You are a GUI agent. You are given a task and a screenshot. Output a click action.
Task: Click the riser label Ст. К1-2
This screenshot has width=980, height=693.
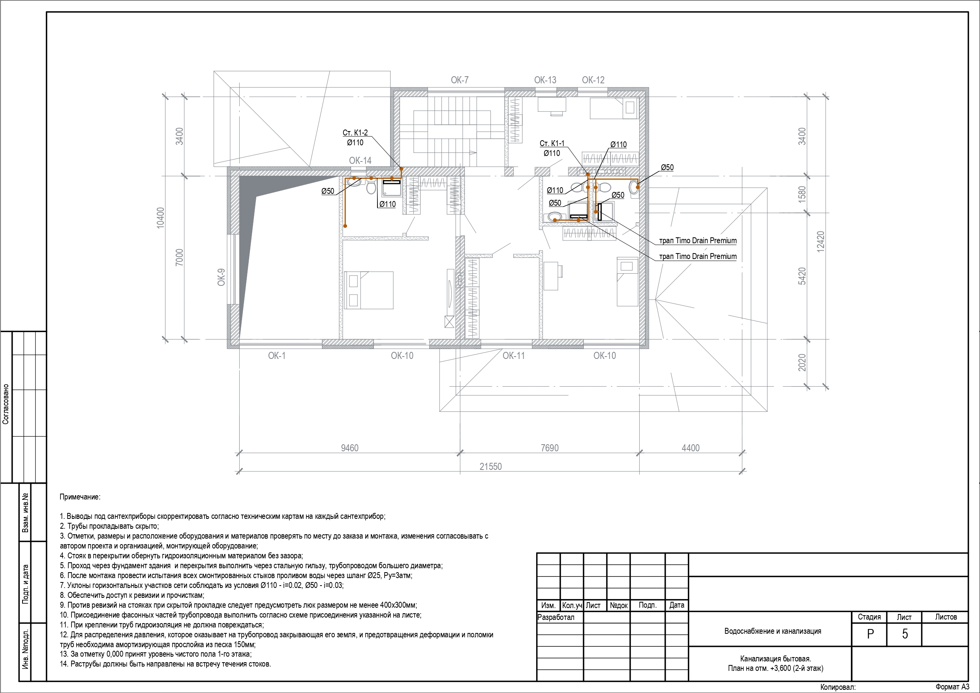pyautogui.click(x=355, y=133)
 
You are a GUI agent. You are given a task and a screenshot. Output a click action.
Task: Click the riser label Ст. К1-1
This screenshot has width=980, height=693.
pyautogui.click(x=552, y=143)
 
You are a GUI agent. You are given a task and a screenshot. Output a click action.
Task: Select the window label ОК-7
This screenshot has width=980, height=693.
pyautogui.click(x=460, y=80)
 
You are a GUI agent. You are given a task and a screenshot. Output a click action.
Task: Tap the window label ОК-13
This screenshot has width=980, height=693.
pyautogui.click(x=545, y=80)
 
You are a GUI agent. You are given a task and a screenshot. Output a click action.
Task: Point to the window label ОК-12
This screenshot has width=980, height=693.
pyautogui.click(x=593, y=80)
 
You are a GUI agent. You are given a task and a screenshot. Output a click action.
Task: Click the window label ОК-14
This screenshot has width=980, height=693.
pyautogui.click(x=360, y=161)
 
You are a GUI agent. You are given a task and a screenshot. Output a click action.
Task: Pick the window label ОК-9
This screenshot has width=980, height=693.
pyautogui.click(x=221, y=277)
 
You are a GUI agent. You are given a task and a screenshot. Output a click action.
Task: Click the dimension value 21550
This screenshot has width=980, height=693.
pyautogui.click(x=490, y=467)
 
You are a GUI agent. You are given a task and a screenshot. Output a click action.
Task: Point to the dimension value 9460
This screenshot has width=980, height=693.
pyautogui.click(x=349, y=448)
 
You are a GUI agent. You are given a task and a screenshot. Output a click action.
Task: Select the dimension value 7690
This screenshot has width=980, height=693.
pyautogui.click(x=549, y=448)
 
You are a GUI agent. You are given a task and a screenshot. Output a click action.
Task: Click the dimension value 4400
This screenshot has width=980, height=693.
pyautogui.click(x=691, y=448)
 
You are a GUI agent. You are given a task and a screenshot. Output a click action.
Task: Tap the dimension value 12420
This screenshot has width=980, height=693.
pyautogui.click(x=820, y=242)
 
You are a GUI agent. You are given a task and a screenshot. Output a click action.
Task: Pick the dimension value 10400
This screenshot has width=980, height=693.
pyautogui.click(x=160, y=218)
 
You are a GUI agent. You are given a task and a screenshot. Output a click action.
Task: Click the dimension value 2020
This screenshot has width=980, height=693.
pyautogui.click(x=802, y=362)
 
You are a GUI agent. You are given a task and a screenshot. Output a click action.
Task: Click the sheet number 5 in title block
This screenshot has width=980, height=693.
pyautogui.click(x=905, y=634)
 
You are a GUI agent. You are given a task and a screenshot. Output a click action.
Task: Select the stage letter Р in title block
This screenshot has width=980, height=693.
pyautogui.click(x=870, y=634)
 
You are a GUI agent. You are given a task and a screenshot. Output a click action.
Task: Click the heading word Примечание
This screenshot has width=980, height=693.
pyautogui.click(x=80, y=497)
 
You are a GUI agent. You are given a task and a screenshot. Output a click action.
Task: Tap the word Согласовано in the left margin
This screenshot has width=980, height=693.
pyautogui.click(x=6, y=404)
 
